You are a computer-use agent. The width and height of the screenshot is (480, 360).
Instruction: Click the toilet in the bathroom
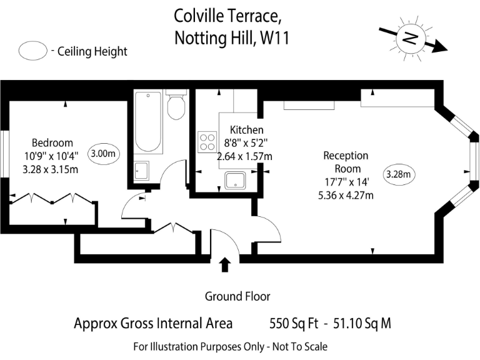coord(176,104)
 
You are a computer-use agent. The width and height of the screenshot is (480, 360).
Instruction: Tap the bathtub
coord(148,122)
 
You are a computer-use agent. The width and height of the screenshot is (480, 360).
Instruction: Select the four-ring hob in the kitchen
coord(207,142)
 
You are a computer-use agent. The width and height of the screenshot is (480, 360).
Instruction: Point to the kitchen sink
coord(235,181)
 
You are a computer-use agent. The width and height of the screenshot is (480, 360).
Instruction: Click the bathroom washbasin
coord(141,170)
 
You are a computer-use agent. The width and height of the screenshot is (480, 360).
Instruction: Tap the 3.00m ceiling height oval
coord(104,153)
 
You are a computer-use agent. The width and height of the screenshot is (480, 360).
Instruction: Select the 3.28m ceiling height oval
coord(398,174)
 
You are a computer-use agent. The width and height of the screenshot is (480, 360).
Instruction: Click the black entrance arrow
coord(225,264)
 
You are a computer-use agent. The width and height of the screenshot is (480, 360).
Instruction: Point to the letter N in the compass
coord(410,38)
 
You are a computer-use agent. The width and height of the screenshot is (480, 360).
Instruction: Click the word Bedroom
coord(52,143)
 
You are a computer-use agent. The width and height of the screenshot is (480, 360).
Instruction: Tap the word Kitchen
coord(246,130)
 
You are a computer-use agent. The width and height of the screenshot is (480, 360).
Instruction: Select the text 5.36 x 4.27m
coord(346,195)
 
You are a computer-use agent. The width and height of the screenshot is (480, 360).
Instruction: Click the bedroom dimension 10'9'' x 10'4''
coord(51,156)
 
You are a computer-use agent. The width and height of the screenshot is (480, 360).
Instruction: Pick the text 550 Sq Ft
coord(294,323)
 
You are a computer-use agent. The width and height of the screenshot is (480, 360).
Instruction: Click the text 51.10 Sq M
coord(362,323)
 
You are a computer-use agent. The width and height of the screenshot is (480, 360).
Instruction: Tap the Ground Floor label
coord(237,296)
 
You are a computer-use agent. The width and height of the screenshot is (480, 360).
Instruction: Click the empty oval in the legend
coord(32,51)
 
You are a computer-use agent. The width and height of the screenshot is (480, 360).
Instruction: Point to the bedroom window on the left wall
coord(4,154)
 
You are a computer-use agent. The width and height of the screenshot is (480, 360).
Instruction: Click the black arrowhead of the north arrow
coord(441,47)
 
